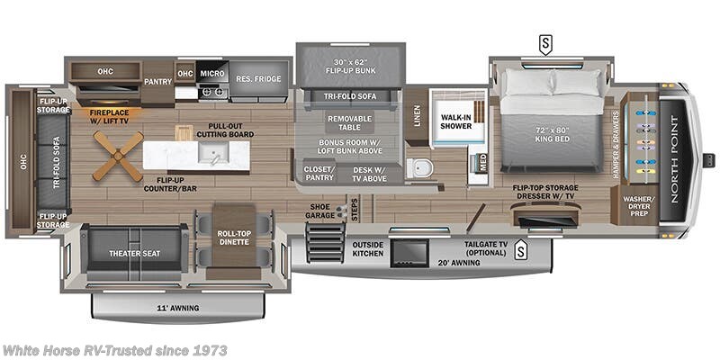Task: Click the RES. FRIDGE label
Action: point(258,79)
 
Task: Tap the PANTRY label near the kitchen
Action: point(157,81)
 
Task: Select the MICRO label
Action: point(212,73)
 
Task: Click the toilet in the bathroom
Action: point(417,167)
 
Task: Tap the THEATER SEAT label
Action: point(134,254)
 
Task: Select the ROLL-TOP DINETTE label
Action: point(233,238)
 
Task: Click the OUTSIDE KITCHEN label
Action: point(368,249)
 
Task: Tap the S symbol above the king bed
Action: point(545,41)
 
